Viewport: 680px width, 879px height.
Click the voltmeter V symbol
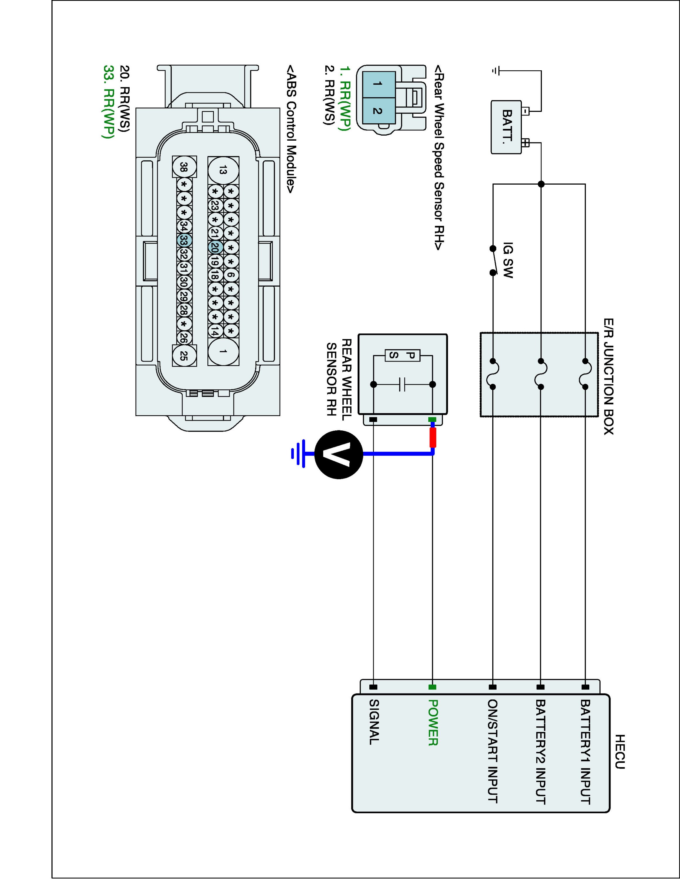click(339, 454)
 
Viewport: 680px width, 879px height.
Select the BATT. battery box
click(506, 127)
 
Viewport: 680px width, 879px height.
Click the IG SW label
click(508, 260)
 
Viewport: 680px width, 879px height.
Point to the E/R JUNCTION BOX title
click(609, 376)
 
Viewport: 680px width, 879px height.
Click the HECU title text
click(620, 752)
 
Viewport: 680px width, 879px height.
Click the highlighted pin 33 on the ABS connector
click(184, 240)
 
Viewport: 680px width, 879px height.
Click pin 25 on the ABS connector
click(184, 355)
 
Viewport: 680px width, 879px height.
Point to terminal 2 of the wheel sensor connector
click(378, 110)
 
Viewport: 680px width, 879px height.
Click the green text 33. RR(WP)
click(108, 102)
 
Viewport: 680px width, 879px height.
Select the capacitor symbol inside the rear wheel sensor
click(403, 384)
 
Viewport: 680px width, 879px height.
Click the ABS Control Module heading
click(290, 128)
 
